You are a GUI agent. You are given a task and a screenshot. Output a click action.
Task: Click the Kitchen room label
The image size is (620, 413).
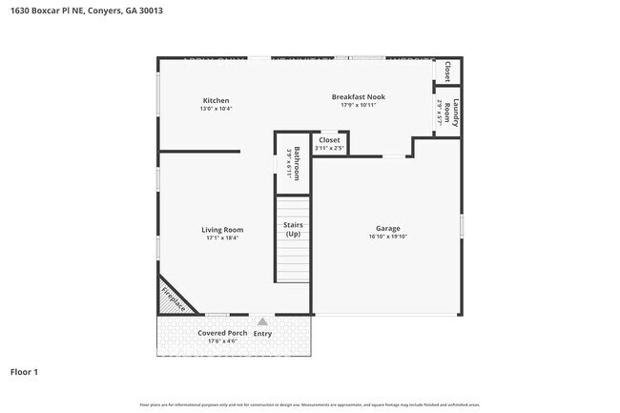tap(217, 100)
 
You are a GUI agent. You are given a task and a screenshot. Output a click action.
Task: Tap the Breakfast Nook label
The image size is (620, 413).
tap(358, 96)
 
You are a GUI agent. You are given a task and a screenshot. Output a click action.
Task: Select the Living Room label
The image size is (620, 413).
tap(222, 229)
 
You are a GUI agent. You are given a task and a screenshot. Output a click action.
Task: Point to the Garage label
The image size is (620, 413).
tap(387, 229)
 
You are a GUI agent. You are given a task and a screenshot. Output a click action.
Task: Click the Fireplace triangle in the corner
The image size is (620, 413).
tap(173, 299)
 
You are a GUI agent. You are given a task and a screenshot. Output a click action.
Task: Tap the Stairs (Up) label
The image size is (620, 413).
tap(293, 229)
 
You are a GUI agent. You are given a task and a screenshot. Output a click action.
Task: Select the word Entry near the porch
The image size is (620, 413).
tap(262, 333)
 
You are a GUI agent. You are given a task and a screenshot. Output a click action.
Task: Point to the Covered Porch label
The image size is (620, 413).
tap(222, 333)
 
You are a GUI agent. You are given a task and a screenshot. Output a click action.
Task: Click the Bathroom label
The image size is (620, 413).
tap(297, 162)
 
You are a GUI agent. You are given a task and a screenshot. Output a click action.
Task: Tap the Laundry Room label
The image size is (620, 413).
tap(456, 112)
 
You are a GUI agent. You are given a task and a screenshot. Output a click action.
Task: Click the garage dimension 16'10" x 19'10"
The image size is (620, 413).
tap(387, 237)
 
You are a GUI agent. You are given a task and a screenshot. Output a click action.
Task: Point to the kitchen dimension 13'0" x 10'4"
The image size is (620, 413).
tap(217, 109)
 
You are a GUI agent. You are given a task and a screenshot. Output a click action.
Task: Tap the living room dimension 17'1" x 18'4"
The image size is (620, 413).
tap(222, 237)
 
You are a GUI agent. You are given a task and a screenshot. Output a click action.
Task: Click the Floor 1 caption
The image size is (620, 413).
tap(24, 371)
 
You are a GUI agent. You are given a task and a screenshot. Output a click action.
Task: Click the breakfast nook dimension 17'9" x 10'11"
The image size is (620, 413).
tap(358, 105)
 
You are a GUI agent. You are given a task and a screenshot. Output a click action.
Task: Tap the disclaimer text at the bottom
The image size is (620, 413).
tap(310, 404)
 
